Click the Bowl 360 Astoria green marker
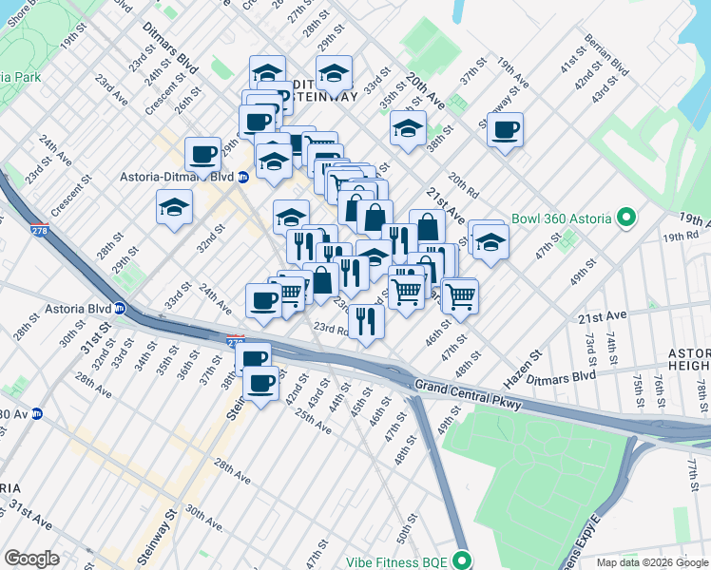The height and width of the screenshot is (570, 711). point(625,219)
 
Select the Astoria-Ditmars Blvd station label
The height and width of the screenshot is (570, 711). point(176,176)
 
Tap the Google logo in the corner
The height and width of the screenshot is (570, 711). point(31,559)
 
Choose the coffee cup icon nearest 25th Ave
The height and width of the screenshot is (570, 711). point(261,383)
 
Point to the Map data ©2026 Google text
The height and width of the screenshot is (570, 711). point(652,562)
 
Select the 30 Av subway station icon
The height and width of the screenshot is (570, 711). point(36,413)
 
